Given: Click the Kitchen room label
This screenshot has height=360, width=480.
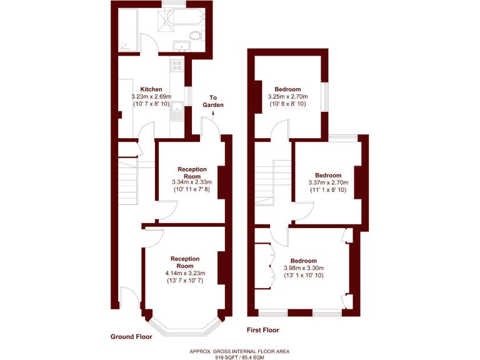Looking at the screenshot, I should coord(151,89).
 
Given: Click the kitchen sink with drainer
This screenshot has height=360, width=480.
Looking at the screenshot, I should coord(178,111).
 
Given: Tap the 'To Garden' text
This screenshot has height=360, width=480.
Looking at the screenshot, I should coord(213,101).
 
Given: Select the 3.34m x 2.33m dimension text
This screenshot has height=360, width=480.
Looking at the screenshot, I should coord(192,182).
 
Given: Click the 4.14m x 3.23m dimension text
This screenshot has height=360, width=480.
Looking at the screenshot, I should coord(185,273).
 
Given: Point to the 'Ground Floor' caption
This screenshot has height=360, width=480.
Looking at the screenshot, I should coord(131,336).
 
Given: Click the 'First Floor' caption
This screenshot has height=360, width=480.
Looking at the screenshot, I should coord(262,330).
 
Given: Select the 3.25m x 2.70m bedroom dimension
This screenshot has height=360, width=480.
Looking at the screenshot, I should coord(288,97).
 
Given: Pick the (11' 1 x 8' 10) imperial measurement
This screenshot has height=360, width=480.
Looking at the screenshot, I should coord(328,190).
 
